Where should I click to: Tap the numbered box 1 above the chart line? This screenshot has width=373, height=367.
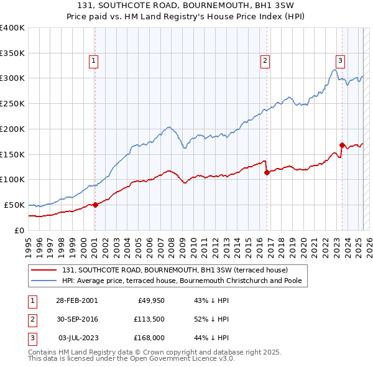point(93,60)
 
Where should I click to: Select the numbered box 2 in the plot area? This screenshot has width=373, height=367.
point(265,60)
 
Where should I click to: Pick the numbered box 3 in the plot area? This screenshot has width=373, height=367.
point(341,60)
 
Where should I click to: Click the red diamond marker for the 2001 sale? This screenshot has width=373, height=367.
point(95,205)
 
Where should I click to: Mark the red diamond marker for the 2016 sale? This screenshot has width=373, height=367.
point(267,172)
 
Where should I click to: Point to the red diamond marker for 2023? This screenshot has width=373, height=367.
point(342,145)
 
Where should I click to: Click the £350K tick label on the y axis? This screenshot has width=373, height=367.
point(12,53)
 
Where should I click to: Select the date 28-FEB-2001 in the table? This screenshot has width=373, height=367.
point(77,300)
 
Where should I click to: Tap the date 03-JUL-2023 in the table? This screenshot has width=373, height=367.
point(78,338)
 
